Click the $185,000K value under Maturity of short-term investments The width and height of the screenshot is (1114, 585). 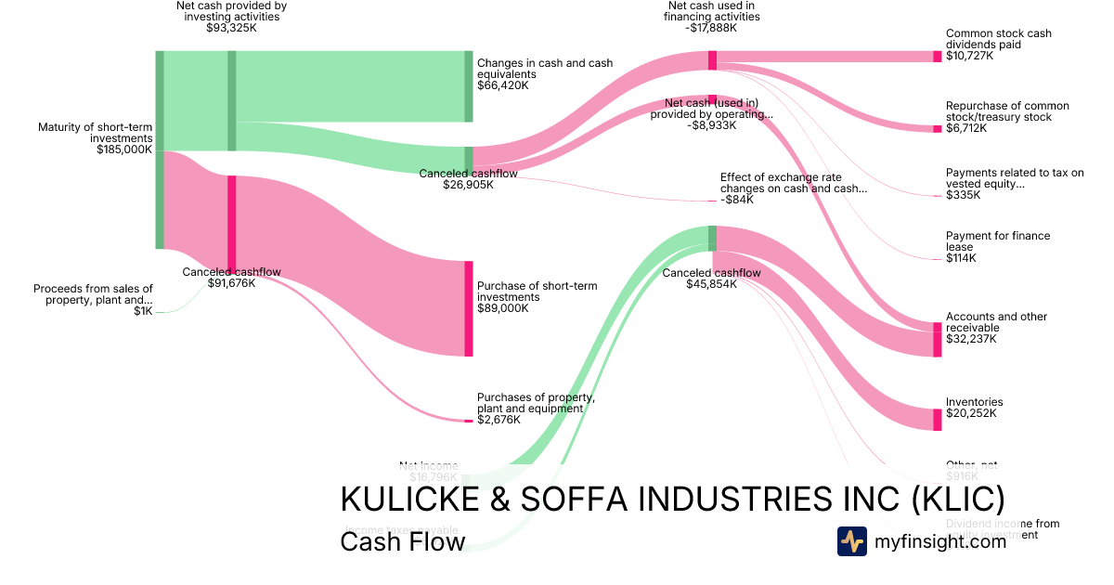tap(124, 149)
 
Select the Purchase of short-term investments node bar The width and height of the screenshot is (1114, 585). tap(469, 308)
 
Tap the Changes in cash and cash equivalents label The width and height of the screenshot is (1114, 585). tap(545, 69)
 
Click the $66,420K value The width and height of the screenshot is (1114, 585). tap(502, 85)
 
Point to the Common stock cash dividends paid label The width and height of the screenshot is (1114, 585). tap(998, 39)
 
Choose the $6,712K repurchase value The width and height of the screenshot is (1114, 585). tap(966, 128)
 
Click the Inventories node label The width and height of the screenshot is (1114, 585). tap(974, 402)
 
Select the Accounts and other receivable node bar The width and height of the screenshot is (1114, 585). tap(937, 339)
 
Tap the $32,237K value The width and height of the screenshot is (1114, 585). tap(971, 339)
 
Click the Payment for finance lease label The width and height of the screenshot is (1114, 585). tap(998, 241)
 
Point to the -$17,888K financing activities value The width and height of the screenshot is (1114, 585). tap(712, 28)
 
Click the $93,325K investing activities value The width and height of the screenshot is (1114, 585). tap(231, 28)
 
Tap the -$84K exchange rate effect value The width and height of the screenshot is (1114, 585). tap(740, 200)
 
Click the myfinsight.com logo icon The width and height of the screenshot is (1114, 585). tap(851, 541)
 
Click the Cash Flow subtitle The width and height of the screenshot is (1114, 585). tap(402, 541)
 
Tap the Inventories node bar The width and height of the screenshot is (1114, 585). tap(937, 420)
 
